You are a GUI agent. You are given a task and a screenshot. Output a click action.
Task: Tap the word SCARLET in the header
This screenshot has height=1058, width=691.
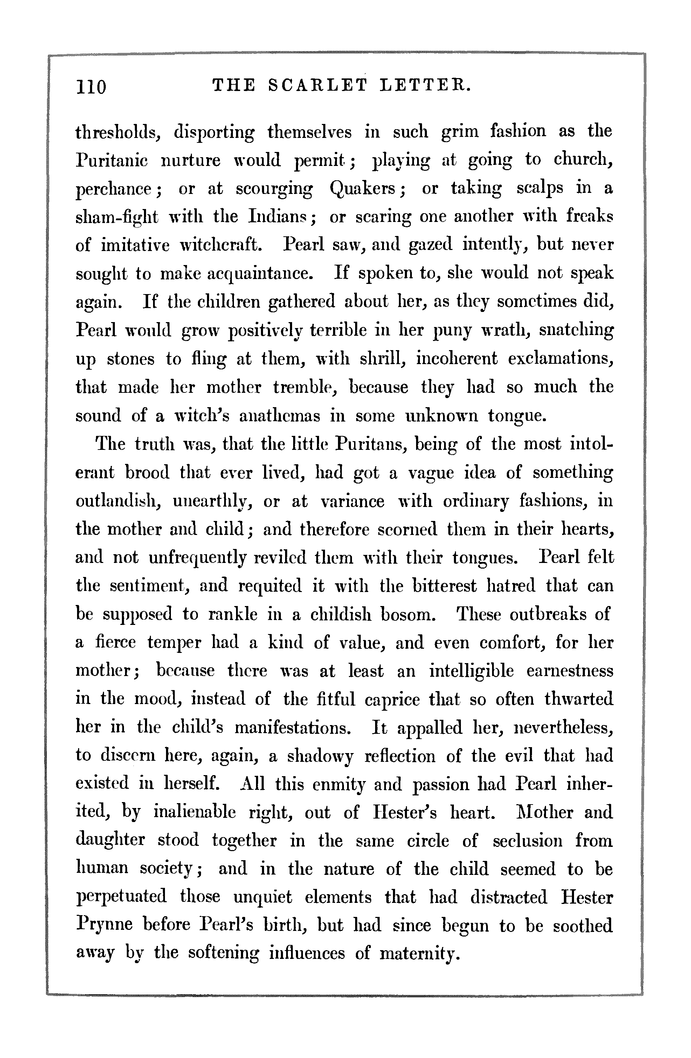318,84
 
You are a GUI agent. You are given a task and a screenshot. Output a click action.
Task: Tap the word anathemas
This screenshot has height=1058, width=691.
279,416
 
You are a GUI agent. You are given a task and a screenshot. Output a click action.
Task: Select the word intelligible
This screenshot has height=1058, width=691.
471,671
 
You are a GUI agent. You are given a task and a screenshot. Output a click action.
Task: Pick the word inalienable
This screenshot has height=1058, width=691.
194,813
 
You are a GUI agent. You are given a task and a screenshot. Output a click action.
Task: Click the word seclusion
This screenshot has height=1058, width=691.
527,841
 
